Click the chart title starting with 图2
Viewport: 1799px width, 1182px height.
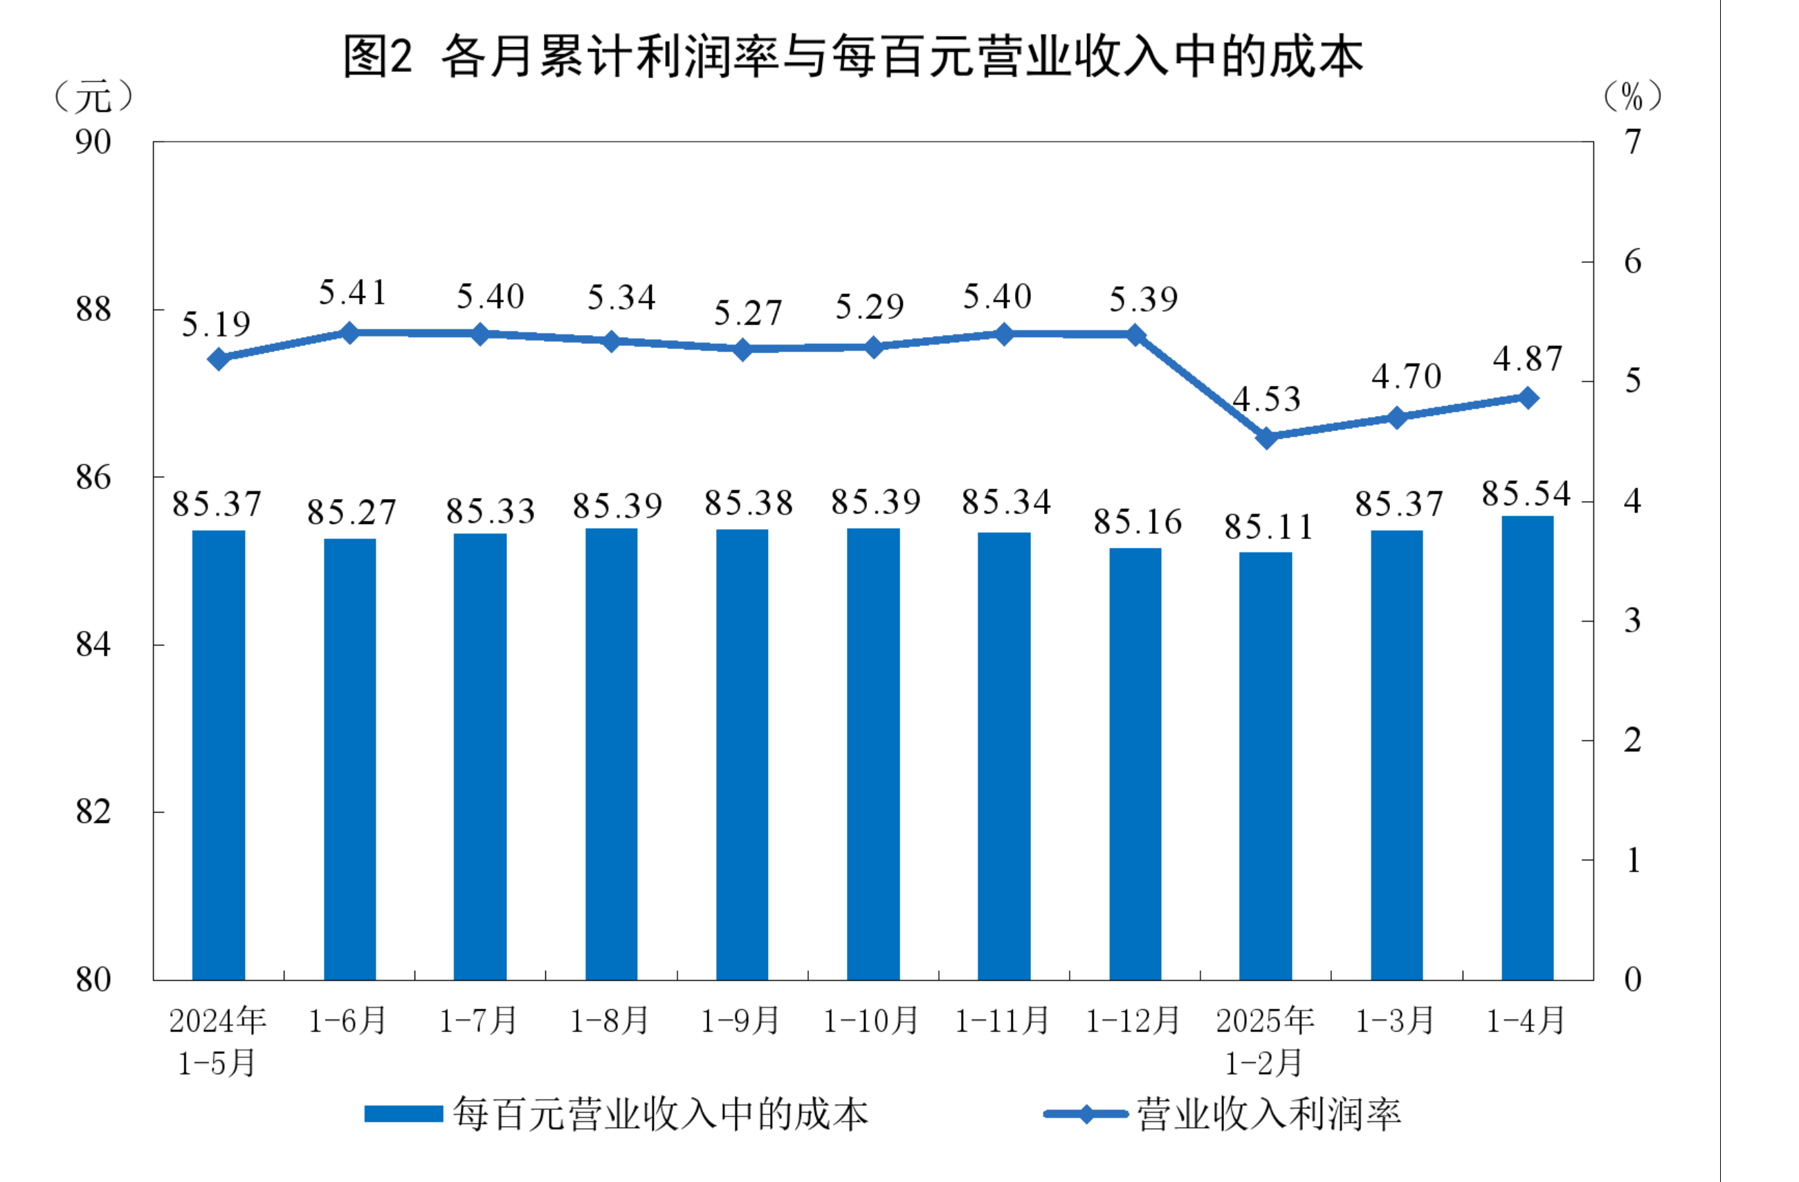click(x=852, y=56)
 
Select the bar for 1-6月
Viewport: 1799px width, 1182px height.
click(x=350, y=759)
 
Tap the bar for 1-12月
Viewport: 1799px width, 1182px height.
click(x=1135, y=764)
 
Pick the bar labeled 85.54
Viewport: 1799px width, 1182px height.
click(x=1528, y=748)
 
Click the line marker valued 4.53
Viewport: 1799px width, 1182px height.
click(x=1267, y=438)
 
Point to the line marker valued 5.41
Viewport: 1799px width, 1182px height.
click(x=350, y=333)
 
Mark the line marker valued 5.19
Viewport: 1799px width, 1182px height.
click(x=219, y=358)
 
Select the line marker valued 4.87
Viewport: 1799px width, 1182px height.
click(x=1528, y=398)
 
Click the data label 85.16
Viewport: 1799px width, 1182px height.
click(x=1138, y=522)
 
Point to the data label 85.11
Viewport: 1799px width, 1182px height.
click(x=1269, y=527)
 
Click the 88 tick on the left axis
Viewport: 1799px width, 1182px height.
click(x=93, y=309)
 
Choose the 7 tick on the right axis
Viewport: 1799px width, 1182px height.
click(x=1634, y=141)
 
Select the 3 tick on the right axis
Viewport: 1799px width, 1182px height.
click(x=1633, y=621)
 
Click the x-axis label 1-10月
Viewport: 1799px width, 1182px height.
click(x=870, y=1021)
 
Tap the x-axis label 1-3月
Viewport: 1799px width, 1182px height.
click(x=1396, y=1021)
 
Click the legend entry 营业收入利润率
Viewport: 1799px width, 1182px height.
click(x=1222, y=1115)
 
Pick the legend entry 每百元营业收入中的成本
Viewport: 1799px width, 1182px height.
click(x=617, y=1115)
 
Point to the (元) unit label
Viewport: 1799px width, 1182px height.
click(x=93, y=97)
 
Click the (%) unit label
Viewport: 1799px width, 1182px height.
click(x=1633, y=97)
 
